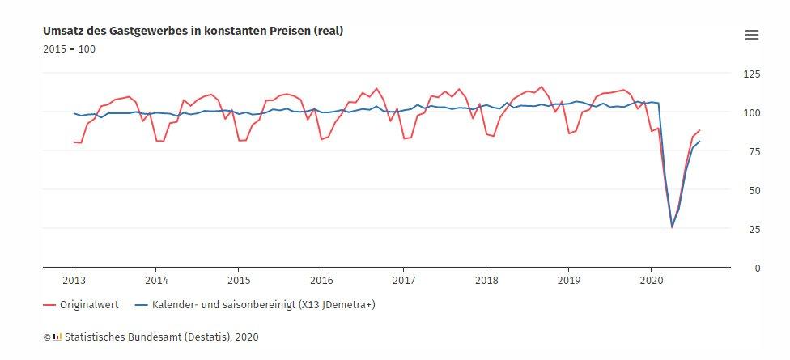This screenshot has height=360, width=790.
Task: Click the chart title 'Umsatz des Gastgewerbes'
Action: click(193, 31)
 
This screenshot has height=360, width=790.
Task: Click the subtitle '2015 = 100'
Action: click(70, 49)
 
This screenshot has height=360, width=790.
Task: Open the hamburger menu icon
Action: click(751, 35)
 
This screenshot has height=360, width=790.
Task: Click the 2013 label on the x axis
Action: click(74, 280)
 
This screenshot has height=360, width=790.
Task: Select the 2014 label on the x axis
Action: click(156, 280)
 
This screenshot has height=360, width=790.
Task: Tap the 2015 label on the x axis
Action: click(238, 280)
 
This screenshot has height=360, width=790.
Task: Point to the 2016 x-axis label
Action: click(321, 280)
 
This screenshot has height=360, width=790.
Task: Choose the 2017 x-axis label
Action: click(403, 280)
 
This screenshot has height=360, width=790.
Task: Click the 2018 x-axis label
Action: click(486, 280)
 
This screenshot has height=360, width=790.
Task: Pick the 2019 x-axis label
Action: click(568, 280)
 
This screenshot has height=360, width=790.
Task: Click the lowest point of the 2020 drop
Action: click(672, 227)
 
